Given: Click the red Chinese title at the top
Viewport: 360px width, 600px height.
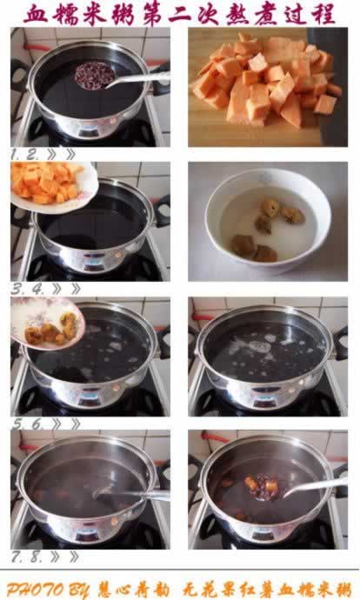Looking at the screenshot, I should click(179, 13).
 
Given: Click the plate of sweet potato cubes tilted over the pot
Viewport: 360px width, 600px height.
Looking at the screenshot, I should click(52, 184).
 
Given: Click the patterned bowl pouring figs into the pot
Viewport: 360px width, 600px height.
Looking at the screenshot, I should click(48, 323).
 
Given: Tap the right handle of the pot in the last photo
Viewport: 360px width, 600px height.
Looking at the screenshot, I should click(341, 477).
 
